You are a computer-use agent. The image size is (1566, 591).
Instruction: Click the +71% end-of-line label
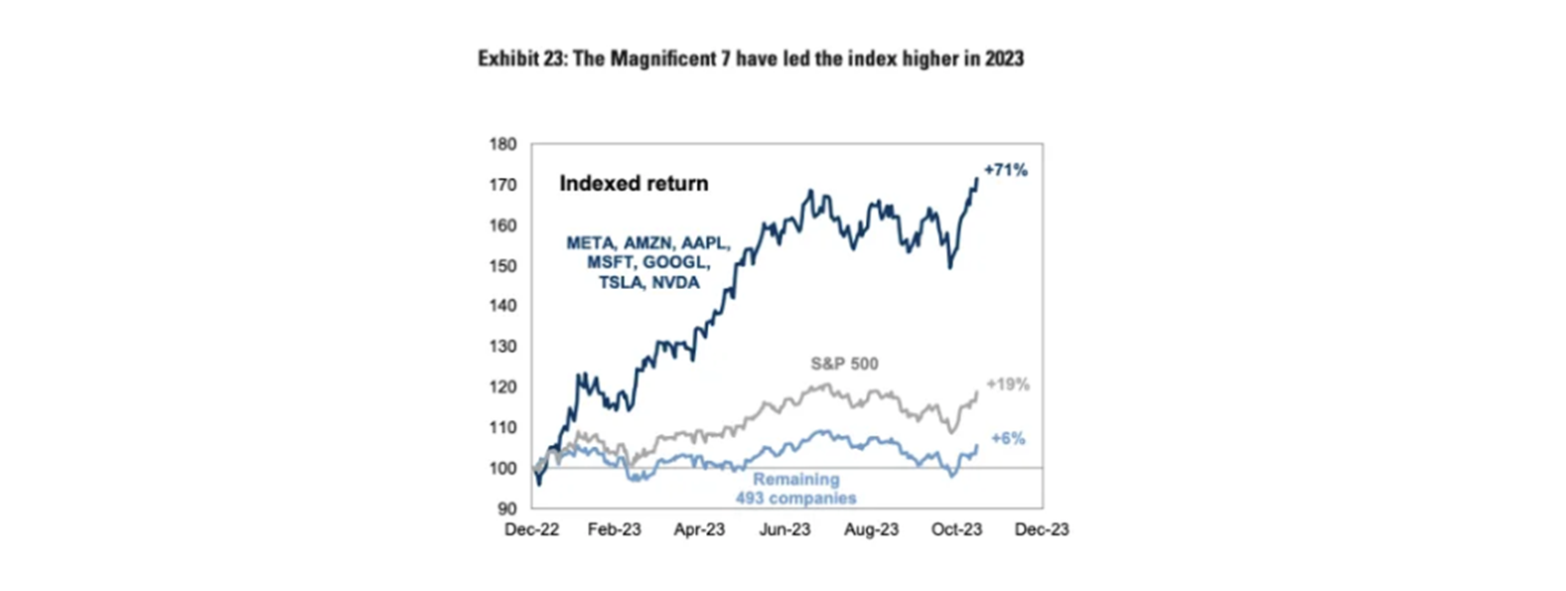(1005, 170)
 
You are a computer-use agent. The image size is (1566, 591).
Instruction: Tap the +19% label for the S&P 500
(1007, 384)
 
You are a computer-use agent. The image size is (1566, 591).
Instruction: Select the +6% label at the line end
(1008, 438)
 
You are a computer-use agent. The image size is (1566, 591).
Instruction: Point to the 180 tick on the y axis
(502, 144)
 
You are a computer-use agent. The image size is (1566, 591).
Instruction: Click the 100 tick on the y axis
(502, 468)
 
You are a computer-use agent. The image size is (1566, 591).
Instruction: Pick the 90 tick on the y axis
(506, 509)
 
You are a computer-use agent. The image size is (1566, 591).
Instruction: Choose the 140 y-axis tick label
(502, 306)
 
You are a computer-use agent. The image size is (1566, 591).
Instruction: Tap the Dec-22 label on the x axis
(531, 529)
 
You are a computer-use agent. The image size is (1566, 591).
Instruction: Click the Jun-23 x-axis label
(784, 529)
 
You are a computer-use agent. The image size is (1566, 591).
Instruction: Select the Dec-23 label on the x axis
(1042, 529)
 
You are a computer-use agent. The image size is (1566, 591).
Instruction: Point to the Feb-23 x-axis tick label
(614, 529)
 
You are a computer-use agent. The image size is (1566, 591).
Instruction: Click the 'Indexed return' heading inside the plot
(634, 183)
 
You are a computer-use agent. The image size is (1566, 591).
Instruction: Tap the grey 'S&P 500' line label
(844, 364)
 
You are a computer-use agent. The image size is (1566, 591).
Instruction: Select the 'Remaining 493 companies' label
(795, 489)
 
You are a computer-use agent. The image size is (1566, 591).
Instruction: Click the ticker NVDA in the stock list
(675, 283)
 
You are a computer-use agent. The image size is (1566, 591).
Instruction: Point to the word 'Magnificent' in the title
(662, 59)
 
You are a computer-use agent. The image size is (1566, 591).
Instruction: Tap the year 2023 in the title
(1004, 59)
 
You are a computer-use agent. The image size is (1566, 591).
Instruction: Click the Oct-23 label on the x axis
(956, 529)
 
